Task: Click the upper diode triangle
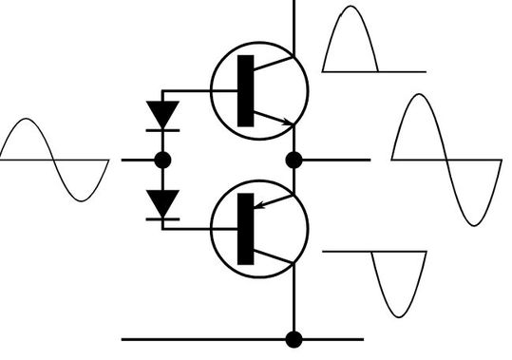point(164,114)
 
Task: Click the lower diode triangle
point(164,202)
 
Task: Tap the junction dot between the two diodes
point(163,160)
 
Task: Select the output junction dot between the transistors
point(294,159)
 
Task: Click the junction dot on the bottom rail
point(294,338)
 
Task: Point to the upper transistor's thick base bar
point(246,91)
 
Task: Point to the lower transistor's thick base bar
point(246,228)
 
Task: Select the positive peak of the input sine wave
point(28,121)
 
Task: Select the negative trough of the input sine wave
point(83,199)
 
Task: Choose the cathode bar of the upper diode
point(164,129)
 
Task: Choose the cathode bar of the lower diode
point(164,218)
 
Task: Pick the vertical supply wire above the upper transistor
point(294,24)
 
